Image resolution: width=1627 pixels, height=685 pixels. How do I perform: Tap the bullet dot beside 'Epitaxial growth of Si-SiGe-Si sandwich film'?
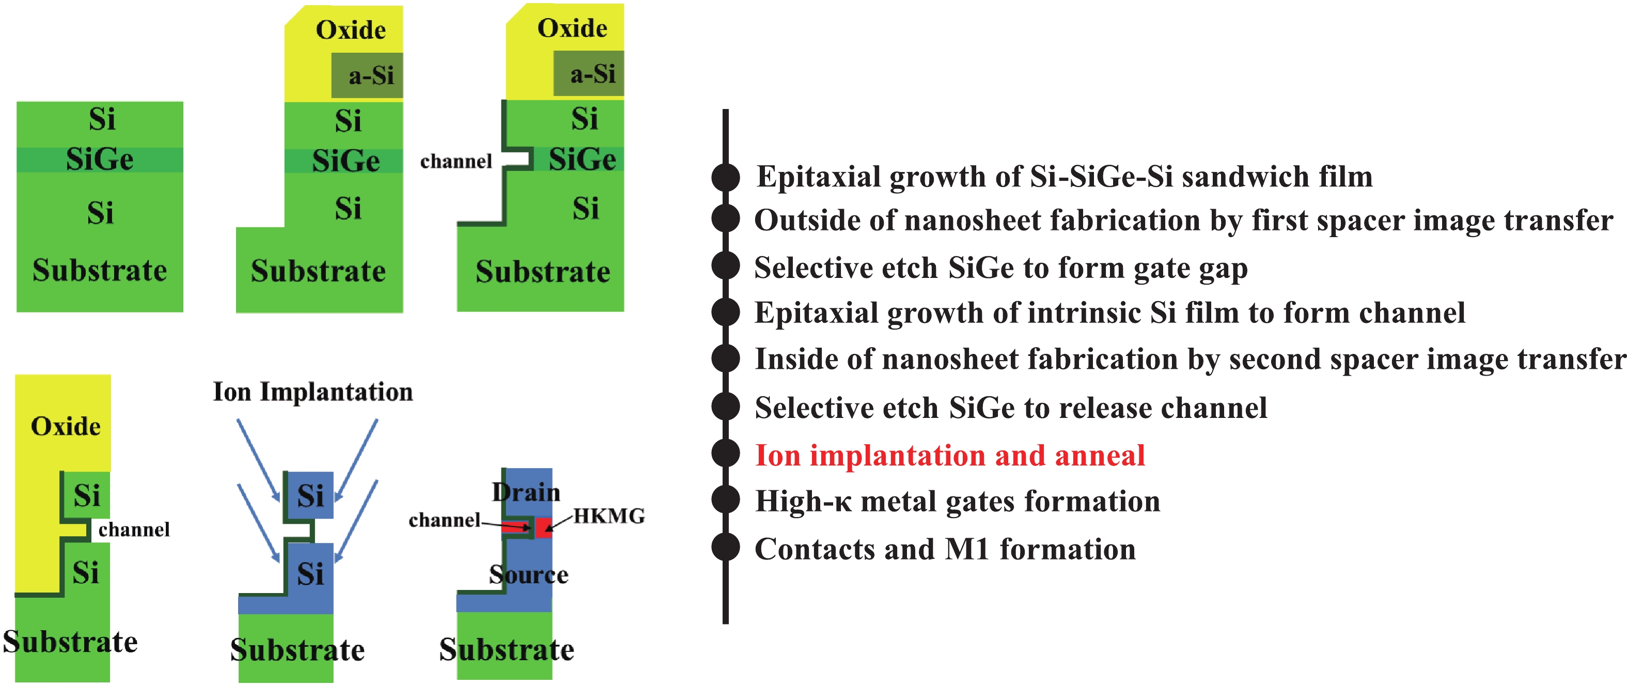pos(726,177)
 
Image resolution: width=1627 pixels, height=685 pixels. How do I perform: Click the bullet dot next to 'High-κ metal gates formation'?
pos(726,500)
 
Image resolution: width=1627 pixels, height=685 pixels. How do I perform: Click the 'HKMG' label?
pos(609,516)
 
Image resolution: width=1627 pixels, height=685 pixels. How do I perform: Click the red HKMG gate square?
pos(544,526)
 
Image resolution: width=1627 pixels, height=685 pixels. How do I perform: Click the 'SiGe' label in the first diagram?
pos(100,159)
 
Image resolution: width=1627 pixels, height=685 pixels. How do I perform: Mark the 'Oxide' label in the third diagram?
pos(572,28)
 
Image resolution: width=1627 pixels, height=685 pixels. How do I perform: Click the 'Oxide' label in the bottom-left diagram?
pos(66,427)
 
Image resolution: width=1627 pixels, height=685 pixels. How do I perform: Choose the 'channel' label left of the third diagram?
pos(456,162)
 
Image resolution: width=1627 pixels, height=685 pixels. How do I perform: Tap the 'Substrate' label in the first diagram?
pos(100,271)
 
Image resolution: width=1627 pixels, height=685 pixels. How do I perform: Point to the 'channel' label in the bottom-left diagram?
pos(134,530)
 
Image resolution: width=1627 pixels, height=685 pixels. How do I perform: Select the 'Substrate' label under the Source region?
pos(507,649)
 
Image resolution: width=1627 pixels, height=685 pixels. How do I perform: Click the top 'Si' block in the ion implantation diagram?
pos(310,495)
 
